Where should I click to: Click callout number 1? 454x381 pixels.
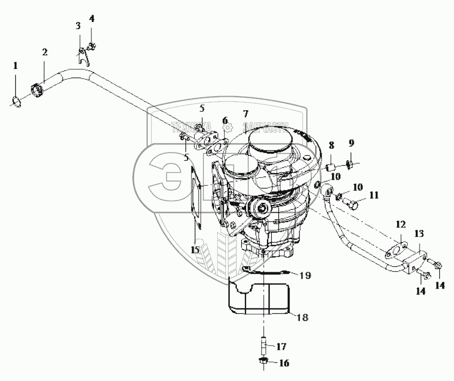click(15, 66)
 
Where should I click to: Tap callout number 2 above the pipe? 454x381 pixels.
click(45, 52)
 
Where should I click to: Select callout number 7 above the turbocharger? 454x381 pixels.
click(246, 114)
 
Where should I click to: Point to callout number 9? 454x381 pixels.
click(352, 143)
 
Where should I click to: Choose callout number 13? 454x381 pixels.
click(418, 233)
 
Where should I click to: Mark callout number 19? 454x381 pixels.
click(305, 276)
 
